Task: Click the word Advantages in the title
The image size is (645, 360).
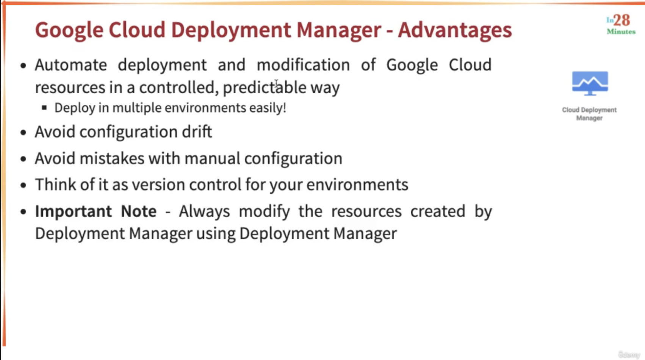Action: point(455,30)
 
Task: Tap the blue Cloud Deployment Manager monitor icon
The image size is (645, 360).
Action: point(590,83)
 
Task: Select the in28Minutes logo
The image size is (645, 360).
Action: point(621,25)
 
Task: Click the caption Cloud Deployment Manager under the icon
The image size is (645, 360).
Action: point(589,114)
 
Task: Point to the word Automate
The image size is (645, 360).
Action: point(71,65)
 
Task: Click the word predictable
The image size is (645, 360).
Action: point(265,88)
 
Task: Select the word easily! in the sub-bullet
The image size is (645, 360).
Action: point(268,108)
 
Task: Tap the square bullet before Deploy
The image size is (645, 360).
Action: point(44,108)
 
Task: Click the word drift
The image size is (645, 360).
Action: point(197,131)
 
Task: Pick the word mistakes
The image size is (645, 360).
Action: point(112,158)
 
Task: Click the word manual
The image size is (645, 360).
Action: point(212,158)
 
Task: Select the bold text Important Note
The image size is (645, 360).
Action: point(96,211)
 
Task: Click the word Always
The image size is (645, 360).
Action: point(204,211)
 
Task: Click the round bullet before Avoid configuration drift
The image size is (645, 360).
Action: point(23,133)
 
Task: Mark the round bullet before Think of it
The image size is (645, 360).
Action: point(23,185)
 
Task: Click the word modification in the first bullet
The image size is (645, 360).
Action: point(304,65)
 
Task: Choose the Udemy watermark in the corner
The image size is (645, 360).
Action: point(629,355)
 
